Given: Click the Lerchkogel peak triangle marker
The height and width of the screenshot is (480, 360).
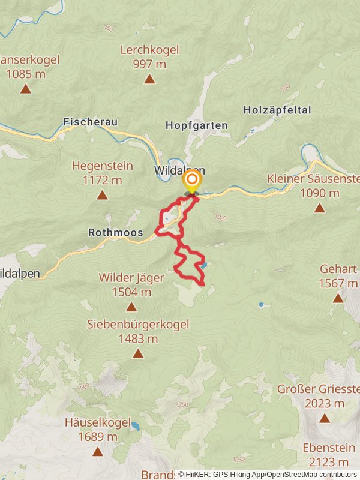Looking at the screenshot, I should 149,79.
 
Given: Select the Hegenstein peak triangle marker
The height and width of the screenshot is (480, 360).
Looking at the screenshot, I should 102,195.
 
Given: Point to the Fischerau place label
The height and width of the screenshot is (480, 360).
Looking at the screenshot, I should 90,122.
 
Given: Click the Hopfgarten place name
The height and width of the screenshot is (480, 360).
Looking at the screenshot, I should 196,125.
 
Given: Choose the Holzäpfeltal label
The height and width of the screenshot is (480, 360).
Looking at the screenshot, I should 277,110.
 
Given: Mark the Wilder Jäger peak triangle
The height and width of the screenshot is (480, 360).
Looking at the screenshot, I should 131,307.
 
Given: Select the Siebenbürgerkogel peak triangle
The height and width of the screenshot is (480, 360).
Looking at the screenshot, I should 138,353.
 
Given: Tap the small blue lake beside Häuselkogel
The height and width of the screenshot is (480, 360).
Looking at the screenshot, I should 136,427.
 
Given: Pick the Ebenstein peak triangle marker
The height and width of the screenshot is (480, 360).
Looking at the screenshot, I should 325,477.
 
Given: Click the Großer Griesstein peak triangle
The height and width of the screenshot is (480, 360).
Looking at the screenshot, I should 325,418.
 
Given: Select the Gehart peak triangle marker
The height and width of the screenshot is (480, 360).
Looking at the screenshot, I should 338,298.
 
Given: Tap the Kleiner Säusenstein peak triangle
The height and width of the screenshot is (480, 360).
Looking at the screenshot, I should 319,208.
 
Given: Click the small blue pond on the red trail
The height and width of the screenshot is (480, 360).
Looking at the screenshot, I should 204,265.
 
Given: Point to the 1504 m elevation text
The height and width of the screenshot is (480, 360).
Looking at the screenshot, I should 131,292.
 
